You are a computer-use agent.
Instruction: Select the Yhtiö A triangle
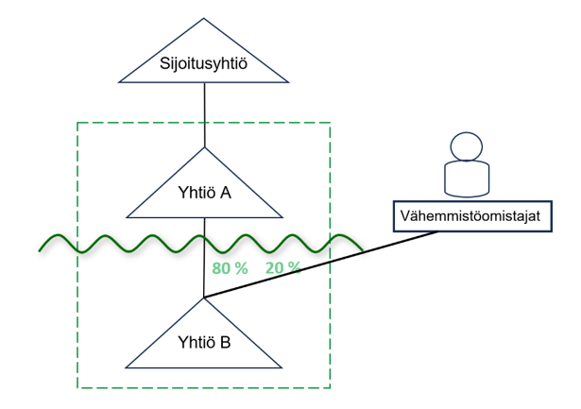tap(205, 190)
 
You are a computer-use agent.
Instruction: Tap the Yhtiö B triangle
tap(205, 340)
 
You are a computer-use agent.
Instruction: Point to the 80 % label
tap(231, 268)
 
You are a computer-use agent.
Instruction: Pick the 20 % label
tap(283, 268)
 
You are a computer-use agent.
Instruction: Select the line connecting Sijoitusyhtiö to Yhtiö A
tap(205, 114)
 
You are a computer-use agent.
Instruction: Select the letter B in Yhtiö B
tap(225, 342)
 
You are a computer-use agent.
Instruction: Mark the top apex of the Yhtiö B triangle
tap(205, 298)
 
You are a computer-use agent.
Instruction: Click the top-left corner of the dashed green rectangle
tap(77, 123)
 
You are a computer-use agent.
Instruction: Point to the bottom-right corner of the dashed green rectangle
tap(330, 387)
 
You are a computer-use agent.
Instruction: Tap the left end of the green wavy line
tap(40, 250)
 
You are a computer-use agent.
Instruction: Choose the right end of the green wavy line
tap(363, 248)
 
